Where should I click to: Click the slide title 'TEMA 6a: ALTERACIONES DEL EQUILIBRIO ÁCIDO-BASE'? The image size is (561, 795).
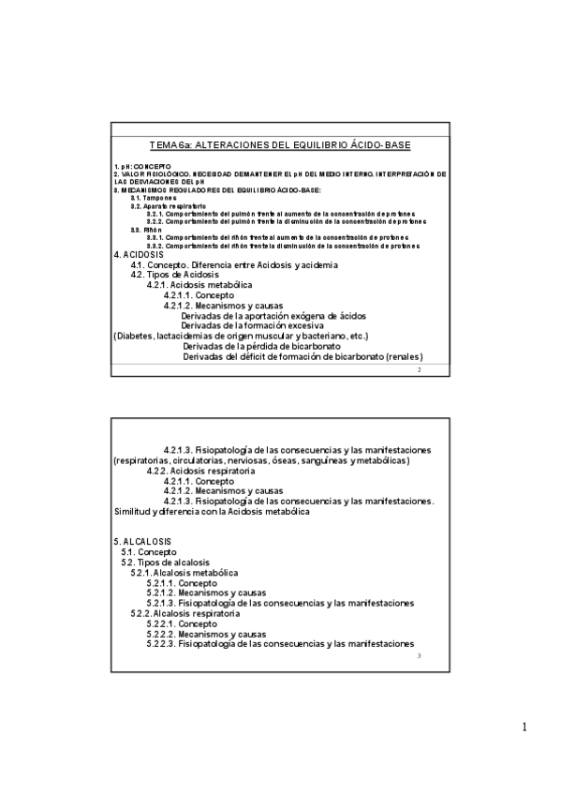280,145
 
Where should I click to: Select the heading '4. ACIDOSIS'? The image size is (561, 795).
138,255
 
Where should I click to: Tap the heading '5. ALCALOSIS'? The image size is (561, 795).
141,542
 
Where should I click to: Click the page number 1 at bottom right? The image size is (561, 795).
525,727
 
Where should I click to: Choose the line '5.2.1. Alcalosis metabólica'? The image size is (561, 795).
184,572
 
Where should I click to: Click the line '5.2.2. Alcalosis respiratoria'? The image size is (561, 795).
185,613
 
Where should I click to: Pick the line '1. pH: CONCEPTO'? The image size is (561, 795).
142,166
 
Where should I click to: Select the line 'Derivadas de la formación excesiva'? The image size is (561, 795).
252,325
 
